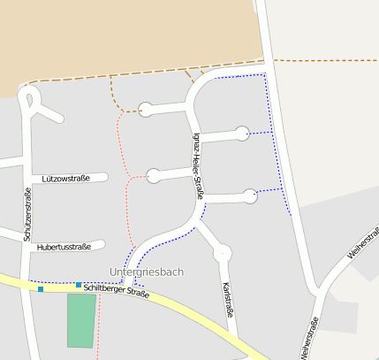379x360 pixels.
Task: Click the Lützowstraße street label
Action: (x=66, y=179)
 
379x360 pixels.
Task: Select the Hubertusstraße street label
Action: (x=64, y=247)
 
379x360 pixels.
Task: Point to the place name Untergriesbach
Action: (x=146, y=272)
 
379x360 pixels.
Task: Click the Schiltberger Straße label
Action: (x=117, y=288)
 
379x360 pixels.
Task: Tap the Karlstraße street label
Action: (x=228, y=300)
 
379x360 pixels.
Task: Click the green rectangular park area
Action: (x=81, y=319)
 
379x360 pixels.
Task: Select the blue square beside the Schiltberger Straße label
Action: (x=79, y=285)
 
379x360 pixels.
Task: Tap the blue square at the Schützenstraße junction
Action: (x=41, y=289)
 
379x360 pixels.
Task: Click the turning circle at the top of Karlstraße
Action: (x=222, y=254)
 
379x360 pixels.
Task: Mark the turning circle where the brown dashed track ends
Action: (x=146, y=111)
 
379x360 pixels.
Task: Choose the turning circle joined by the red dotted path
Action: (x=154, y=176)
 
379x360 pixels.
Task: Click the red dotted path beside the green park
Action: (x=99, y=323)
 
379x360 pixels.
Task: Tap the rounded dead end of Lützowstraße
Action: (x=103, y=178)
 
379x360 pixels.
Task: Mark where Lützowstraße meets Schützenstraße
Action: (x=27, y=179)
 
